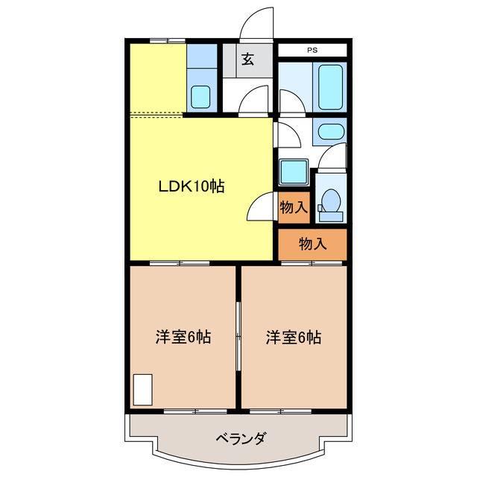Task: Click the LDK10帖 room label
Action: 191,186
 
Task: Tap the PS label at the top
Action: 311,51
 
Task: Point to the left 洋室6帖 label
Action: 183,337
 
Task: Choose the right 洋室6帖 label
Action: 294,337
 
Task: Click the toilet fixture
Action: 331,203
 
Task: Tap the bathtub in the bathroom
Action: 330,88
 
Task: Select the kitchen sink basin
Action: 200,97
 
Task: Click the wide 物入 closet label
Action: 312,243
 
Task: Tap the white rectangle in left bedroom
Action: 142,390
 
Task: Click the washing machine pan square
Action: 294,172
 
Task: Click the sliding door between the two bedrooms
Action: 238,335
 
